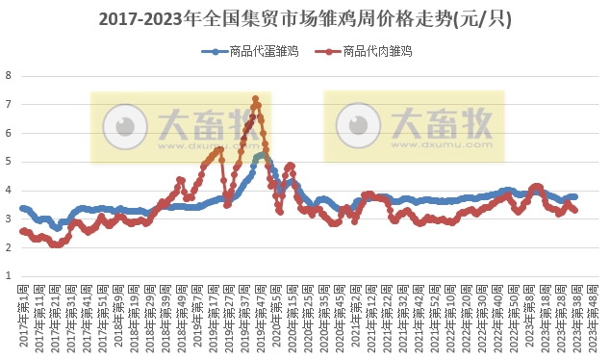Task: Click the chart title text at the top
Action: tap(306, 18)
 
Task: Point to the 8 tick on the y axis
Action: tap(9, 75)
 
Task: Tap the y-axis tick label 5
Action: tap(9, 162)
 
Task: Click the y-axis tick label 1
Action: tap(9, 276)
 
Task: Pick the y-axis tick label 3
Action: tap(9, 219)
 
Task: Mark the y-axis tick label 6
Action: tap(9, 133)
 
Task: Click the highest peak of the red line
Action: tap(255, 98)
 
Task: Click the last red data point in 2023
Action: tap(575, 210)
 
